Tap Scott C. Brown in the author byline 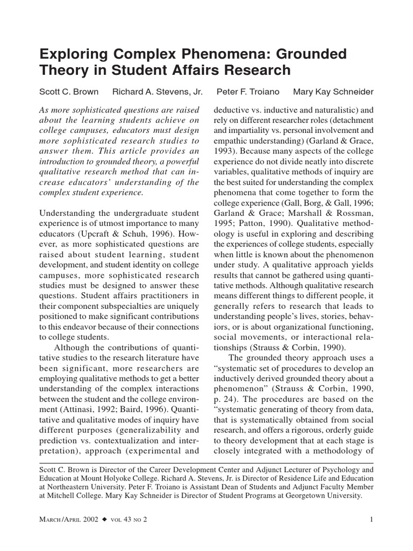(69, 91)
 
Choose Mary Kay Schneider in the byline (333, 91)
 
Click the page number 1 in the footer (372, 519)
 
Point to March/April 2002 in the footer (68, 519)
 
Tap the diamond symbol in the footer (105, 519)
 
